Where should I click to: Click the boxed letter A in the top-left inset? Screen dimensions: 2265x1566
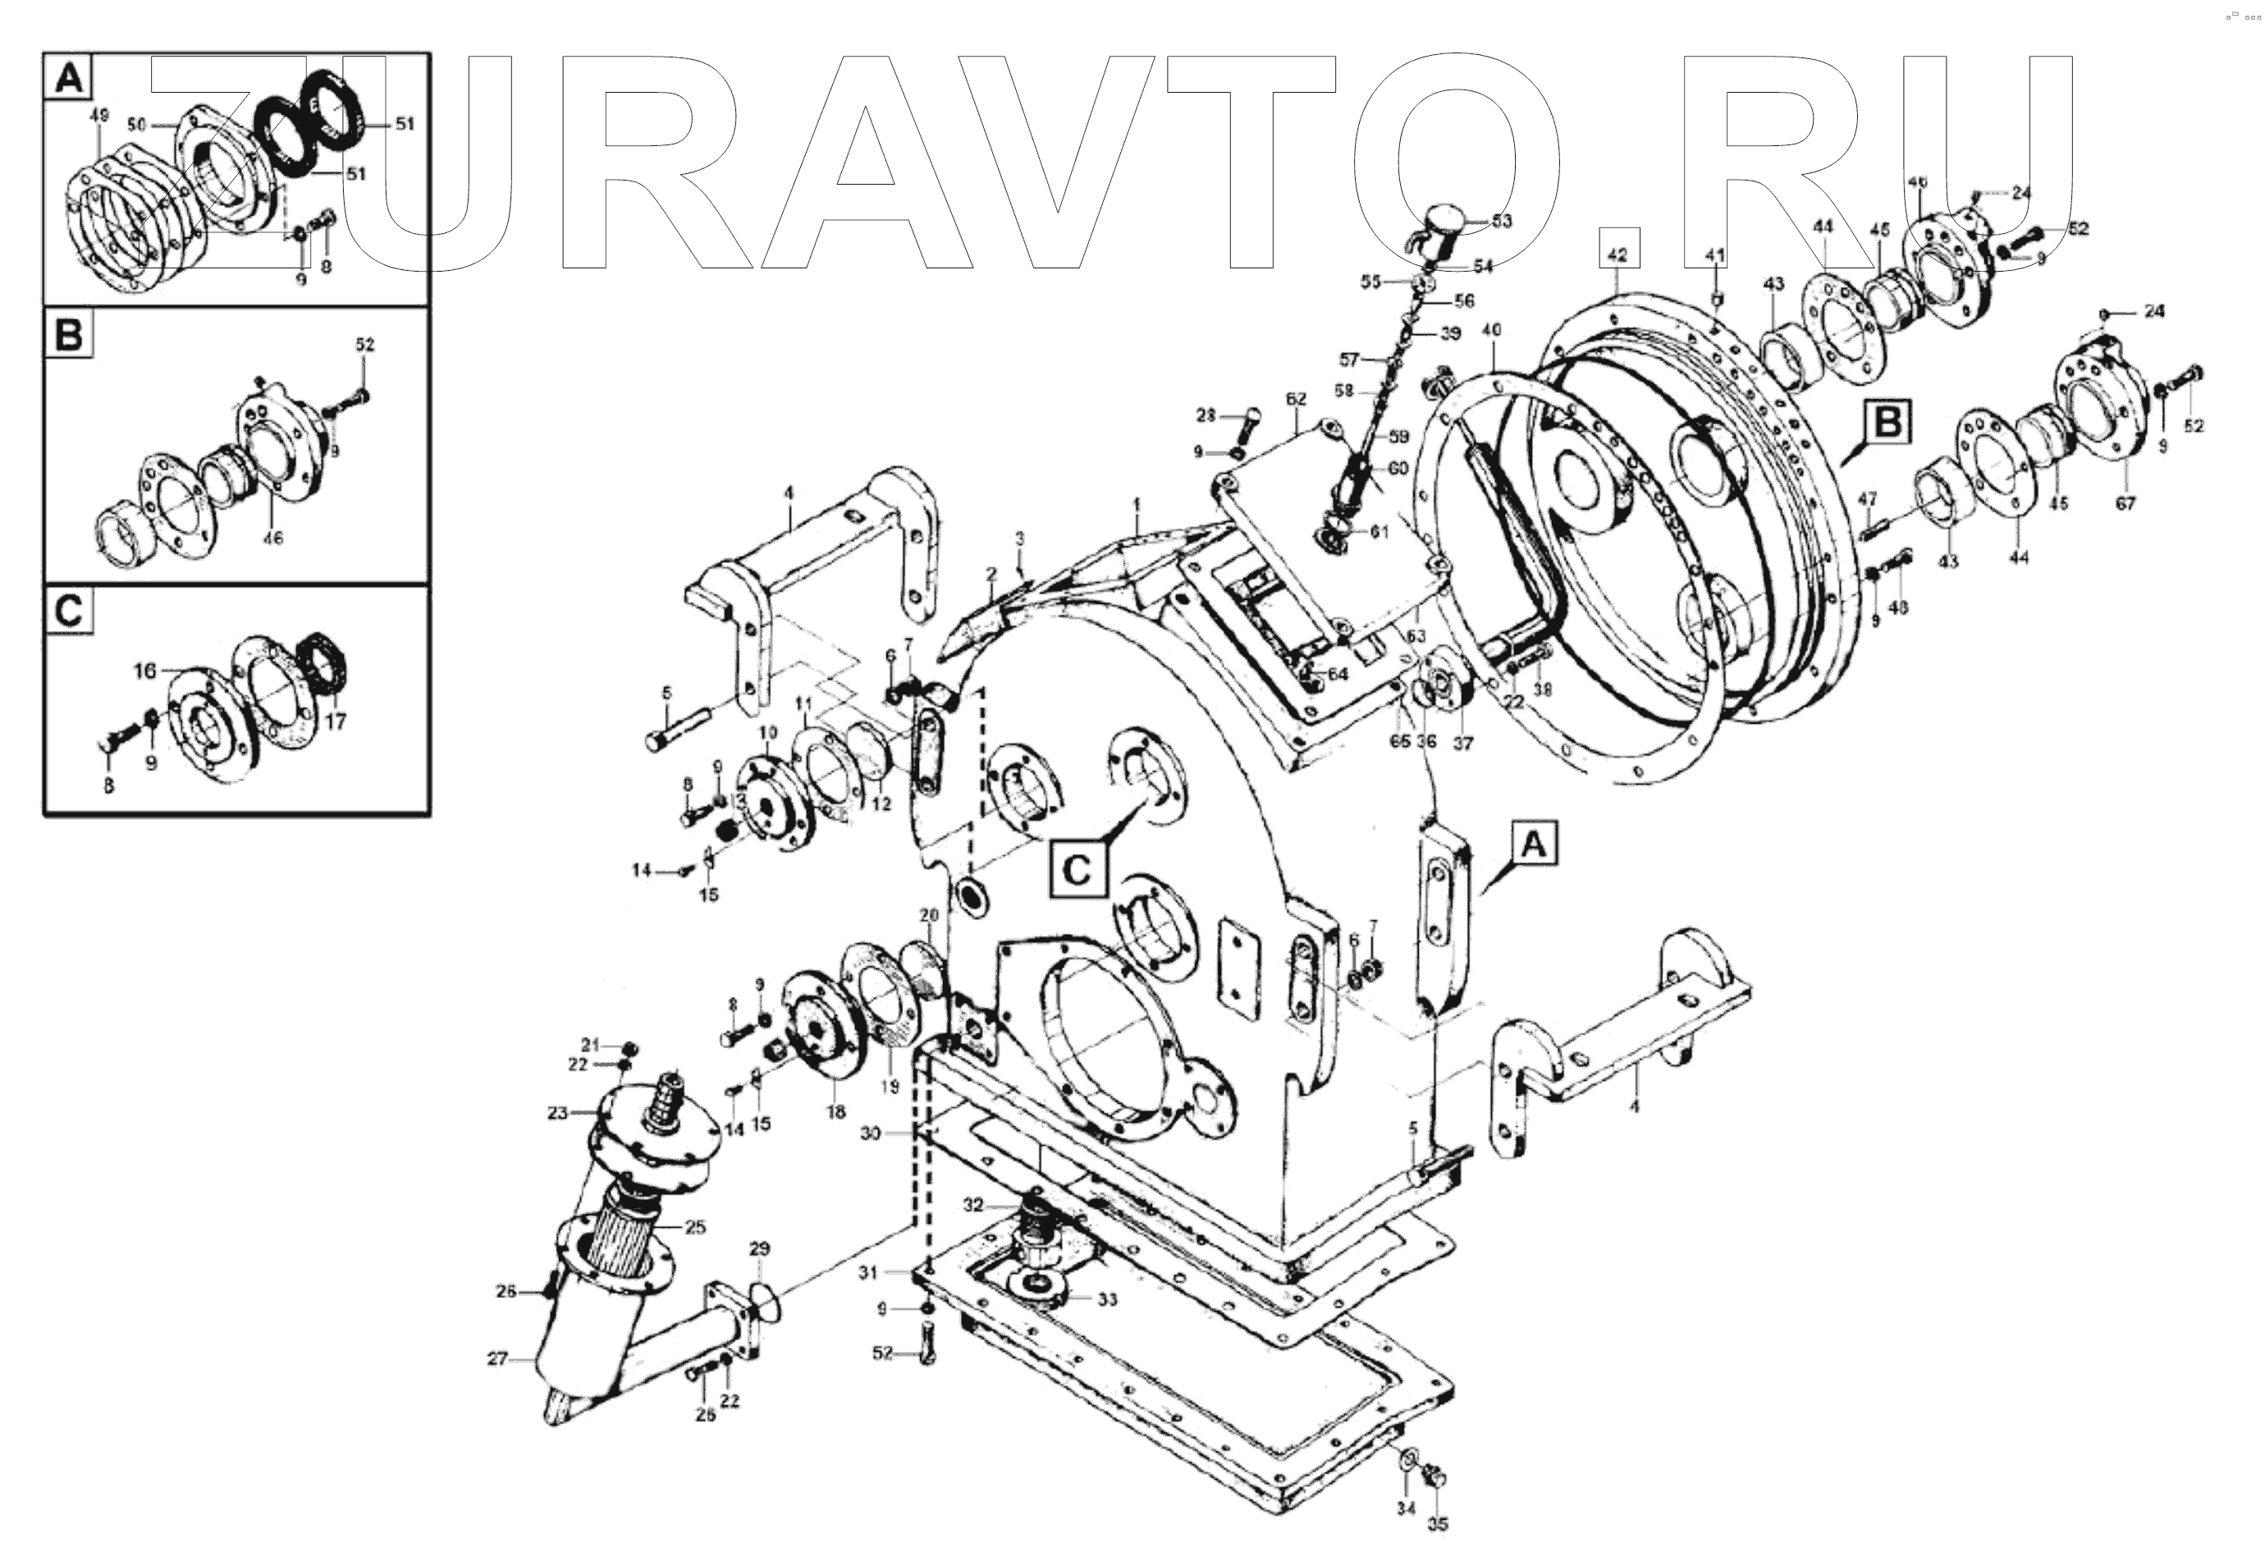[67, 76]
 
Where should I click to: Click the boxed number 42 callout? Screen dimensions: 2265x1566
[1618, 253]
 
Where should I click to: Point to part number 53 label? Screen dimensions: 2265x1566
[1501, 221]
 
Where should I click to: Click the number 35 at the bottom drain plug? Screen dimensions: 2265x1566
[1438, 1524]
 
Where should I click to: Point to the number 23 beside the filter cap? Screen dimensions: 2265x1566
[557, 1113]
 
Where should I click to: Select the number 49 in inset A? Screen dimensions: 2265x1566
[98, 116]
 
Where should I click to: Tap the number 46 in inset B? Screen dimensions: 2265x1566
[272, 538]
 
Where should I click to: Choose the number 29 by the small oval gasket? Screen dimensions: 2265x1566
[760, 1249]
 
